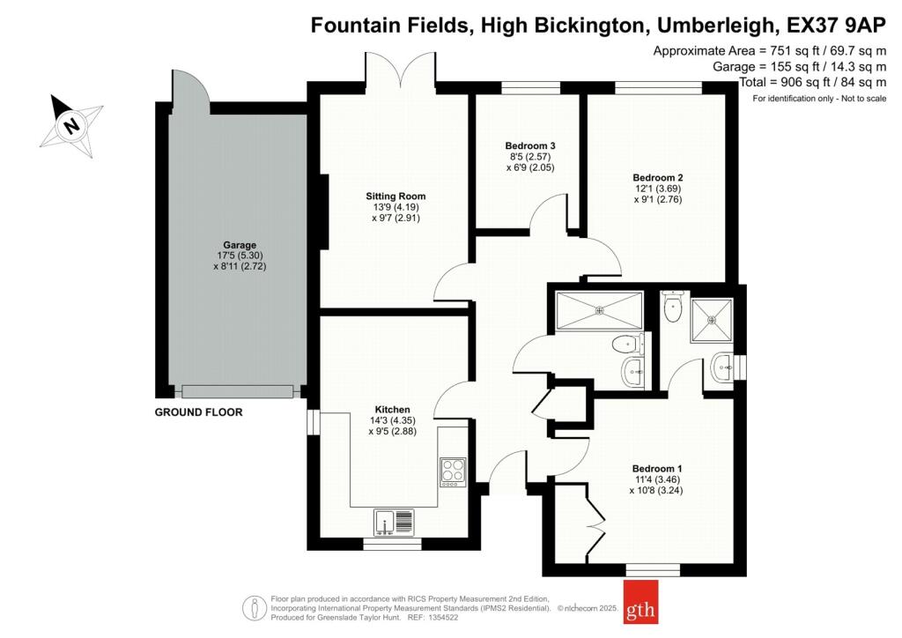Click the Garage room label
point(240,245)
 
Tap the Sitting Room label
point(396,197)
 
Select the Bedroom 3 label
point(530,146)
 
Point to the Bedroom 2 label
point(657,178)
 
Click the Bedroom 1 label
point(657,469)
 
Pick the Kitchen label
point(393,410)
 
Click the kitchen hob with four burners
point(454,471)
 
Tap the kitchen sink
point(394,523)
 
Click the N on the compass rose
point(71,125)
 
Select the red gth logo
point(641,602)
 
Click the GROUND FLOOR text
point(198,412)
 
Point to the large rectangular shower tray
point(599,311)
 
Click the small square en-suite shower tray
point(712,320)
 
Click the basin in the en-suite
point(722,367)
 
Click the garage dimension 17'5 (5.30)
point(240,256)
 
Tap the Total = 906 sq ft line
point(813,82)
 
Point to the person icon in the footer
point(255,607)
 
